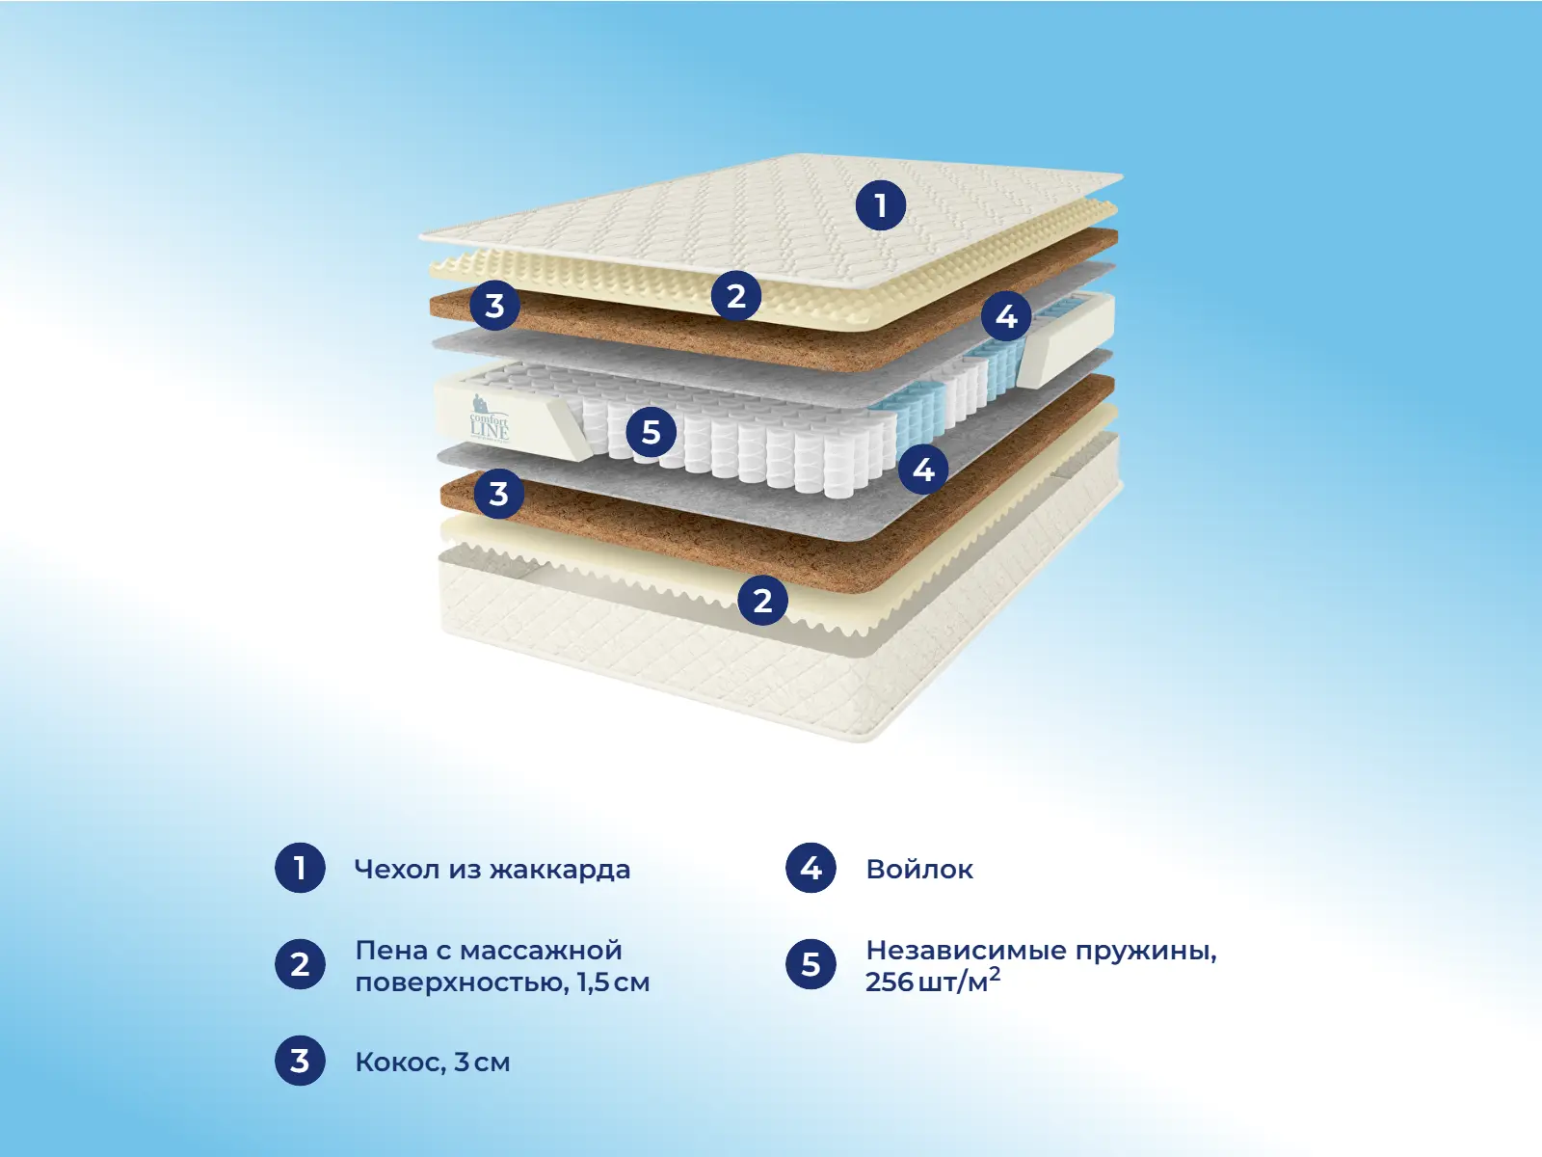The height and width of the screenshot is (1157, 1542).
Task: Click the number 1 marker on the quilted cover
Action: [880, 205]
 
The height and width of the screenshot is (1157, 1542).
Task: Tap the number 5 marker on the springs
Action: [651, 431]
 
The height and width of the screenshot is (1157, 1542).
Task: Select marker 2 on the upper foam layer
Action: [736, 296]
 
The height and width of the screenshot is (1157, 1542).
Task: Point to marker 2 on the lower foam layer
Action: [763, 600]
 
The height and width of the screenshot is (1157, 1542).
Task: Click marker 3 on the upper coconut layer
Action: [494, 305]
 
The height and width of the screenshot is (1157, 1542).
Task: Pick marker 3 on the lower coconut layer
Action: [499, 493]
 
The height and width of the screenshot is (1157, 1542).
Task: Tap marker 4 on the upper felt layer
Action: [1006, 316]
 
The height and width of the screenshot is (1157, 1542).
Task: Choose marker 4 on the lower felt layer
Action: [923, 469]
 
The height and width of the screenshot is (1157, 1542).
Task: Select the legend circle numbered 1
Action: [300, 868]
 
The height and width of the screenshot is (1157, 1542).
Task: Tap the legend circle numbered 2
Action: [300, 964]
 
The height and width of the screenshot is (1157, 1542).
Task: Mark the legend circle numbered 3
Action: [300, 1060]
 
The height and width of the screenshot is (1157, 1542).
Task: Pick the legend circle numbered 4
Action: [811, 868]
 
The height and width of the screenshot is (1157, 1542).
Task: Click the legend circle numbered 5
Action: [811, 964]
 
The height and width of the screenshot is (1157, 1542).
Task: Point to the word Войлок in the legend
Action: [919, 869]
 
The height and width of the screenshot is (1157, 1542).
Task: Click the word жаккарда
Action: [560, 871]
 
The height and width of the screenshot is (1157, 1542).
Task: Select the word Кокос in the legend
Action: [401, 1063]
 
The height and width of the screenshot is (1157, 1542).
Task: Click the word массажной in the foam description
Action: [541, 952]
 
